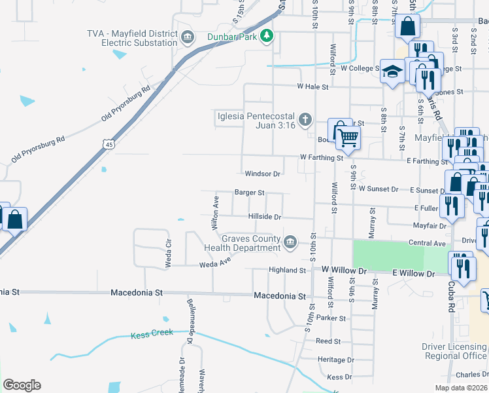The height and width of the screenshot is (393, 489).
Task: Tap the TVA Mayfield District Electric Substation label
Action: click(133, 38)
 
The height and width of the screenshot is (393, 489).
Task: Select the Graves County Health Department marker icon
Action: click(290, 243)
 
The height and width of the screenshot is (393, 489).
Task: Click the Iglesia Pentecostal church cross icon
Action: click(304, 120)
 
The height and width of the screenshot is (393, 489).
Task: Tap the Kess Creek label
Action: click(152, 333)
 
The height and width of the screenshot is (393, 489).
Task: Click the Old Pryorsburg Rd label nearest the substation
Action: click(126, 103)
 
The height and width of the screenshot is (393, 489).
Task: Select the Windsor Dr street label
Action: click(262, 174)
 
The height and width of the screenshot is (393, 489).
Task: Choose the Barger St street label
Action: click(249, 193)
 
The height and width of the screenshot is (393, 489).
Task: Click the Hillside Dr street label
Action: click(265, 217)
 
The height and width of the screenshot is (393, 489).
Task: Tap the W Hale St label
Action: click(312, 86)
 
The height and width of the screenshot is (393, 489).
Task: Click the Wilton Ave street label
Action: click(214, 212)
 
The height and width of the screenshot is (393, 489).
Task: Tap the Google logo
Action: click(22, 385)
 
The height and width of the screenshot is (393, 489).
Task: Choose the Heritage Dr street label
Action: click(335, 360)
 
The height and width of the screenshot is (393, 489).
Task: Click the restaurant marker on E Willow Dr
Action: click(462, 268)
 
